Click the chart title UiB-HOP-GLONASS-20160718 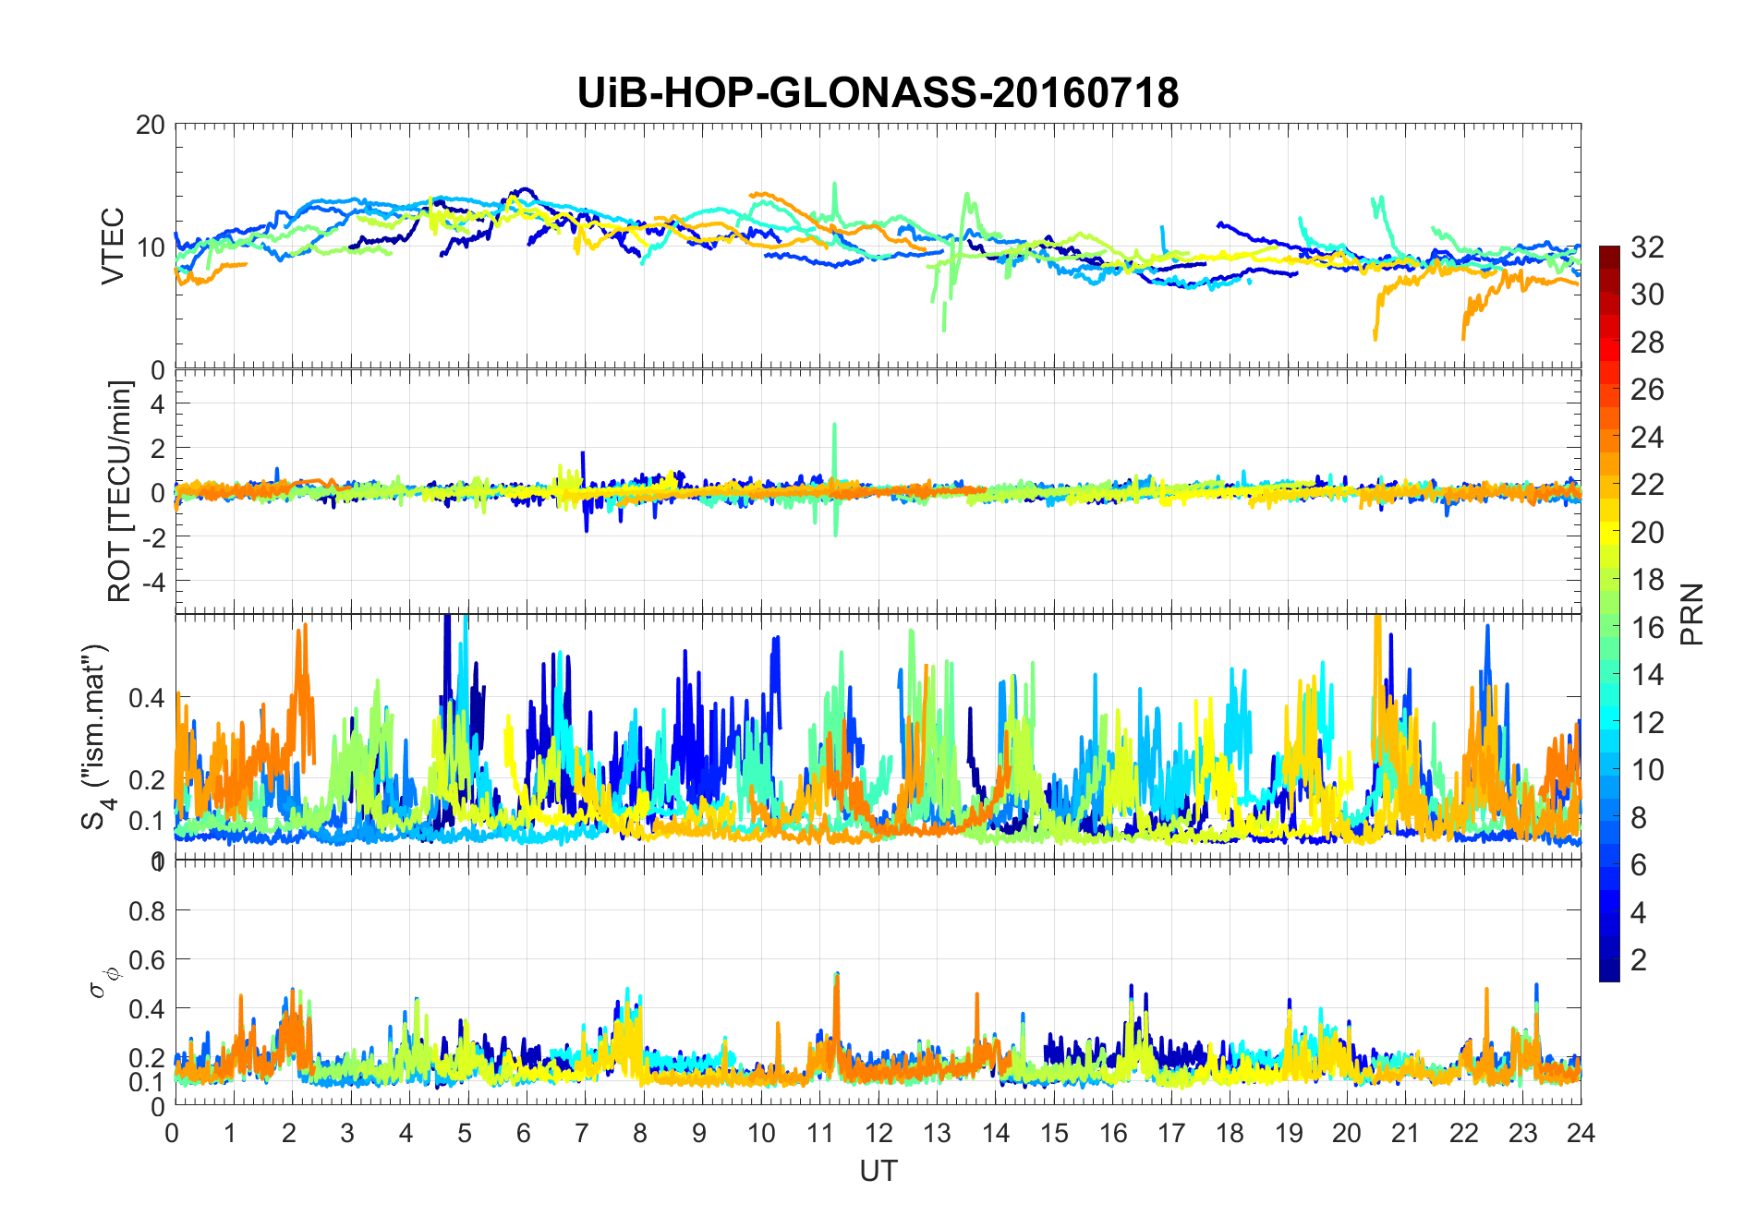878,93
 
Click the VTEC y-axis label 113,246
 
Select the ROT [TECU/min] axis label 120,491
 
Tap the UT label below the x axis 878,1171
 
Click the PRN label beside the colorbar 1691,614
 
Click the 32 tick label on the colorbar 1647,247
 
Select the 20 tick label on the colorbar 1647,533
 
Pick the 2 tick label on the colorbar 1639,960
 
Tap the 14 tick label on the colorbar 1647,675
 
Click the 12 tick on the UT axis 878,1133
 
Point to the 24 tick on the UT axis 1581,1133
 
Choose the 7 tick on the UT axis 582,1133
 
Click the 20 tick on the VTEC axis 150,125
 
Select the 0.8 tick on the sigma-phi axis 147,911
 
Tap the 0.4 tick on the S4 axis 147,698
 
